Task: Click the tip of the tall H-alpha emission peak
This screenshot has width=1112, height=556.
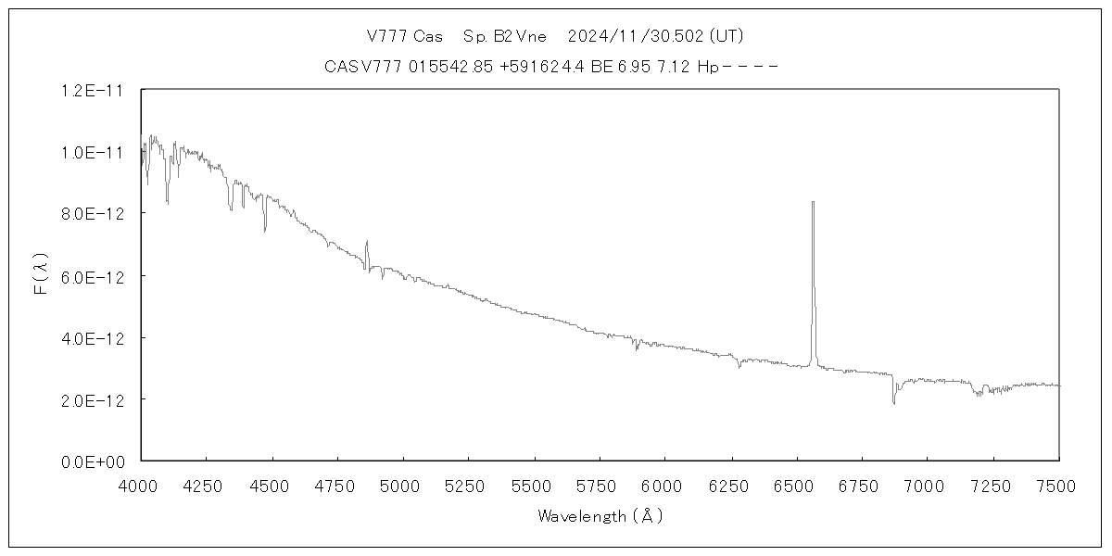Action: (x=813, y=202)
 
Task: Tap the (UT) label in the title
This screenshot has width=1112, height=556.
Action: (x=725, y=36)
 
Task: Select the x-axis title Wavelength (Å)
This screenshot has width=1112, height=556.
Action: (x=600, y=516)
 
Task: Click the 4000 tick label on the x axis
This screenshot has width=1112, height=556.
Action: (x=141, y=484)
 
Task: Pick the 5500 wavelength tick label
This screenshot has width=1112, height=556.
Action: (x=535, y=484)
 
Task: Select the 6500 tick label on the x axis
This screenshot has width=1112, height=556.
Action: (x=797, y=484)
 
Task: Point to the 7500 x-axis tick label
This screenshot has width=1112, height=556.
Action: (x=1059, y=484)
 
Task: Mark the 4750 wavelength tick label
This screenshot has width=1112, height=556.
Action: (x=337, y=484)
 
